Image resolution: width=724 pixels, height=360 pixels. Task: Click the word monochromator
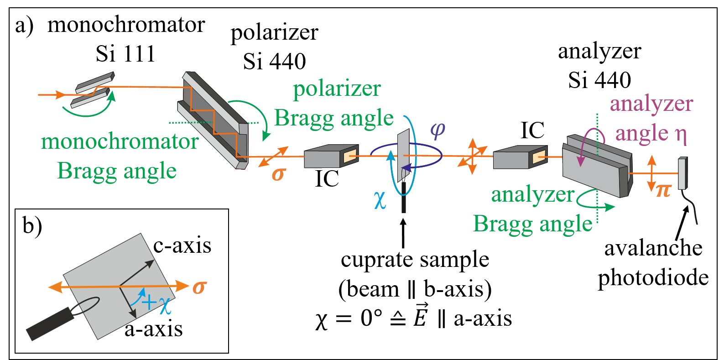[120, 141]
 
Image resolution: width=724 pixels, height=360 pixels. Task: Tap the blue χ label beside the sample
[380, 199]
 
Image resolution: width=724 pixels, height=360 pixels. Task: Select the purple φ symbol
[438, 130]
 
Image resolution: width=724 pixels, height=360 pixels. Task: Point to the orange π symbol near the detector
[663, 190]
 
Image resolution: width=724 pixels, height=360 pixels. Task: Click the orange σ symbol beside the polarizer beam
[278, 174]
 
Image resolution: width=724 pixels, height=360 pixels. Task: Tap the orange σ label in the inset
[199, 287]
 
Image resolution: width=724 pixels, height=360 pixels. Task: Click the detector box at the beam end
[682, 173]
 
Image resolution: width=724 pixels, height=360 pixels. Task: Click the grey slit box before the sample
[331, 157]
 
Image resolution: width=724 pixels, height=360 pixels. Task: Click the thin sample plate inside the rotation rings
[403, 155]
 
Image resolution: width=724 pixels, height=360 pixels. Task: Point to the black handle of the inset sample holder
[50, 324]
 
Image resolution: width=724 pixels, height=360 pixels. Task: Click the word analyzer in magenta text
[651, 104]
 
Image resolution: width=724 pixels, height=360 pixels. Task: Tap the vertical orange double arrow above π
[652, 173]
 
